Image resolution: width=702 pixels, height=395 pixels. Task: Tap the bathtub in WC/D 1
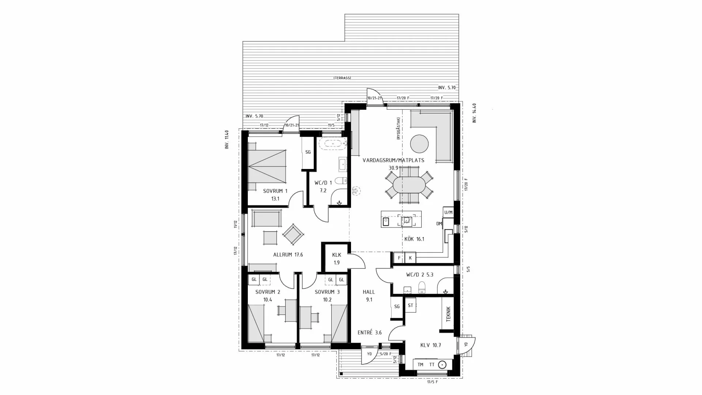[x=332, y=144]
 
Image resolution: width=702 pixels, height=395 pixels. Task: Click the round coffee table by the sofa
[x=419, y=144]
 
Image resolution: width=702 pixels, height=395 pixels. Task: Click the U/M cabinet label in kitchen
[x=448, y=212]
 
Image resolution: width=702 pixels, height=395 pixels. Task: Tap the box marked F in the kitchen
[x=399, y=258]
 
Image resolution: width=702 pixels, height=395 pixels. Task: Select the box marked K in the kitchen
[x=410, y=258]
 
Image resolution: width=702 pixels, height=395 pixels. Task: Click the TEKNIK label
[x=449, y=314]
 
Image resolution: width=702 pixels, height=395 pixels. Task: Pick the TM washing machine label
[x=420, y=365]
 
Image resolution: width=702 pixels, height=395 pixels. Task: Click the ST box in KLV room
[x=410, y=305]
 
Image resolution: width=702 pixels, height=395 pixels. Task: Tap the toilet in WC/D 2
[x=422, y=288]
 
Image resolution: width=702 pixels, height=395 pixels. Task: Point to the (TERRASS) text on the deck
[x=342, y=78]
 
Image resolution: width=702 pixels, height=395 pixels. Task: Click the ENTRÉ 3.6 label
[x=369, y=332]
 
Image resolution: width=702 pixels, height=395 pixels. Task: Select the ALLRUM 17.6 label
[x=288, y=255]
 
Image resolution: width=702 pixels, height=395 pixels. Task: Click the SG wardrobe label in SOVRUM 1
[x=308, y=152]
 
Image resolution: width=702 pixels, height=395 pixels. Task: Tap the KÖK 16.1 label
[x=414, y=239]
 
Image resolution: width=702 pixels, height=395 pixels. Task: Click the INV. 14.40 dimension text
[x=475, y=113]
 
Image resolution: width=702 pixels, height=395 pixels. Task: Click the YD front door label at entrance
[x=369, y=354]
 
